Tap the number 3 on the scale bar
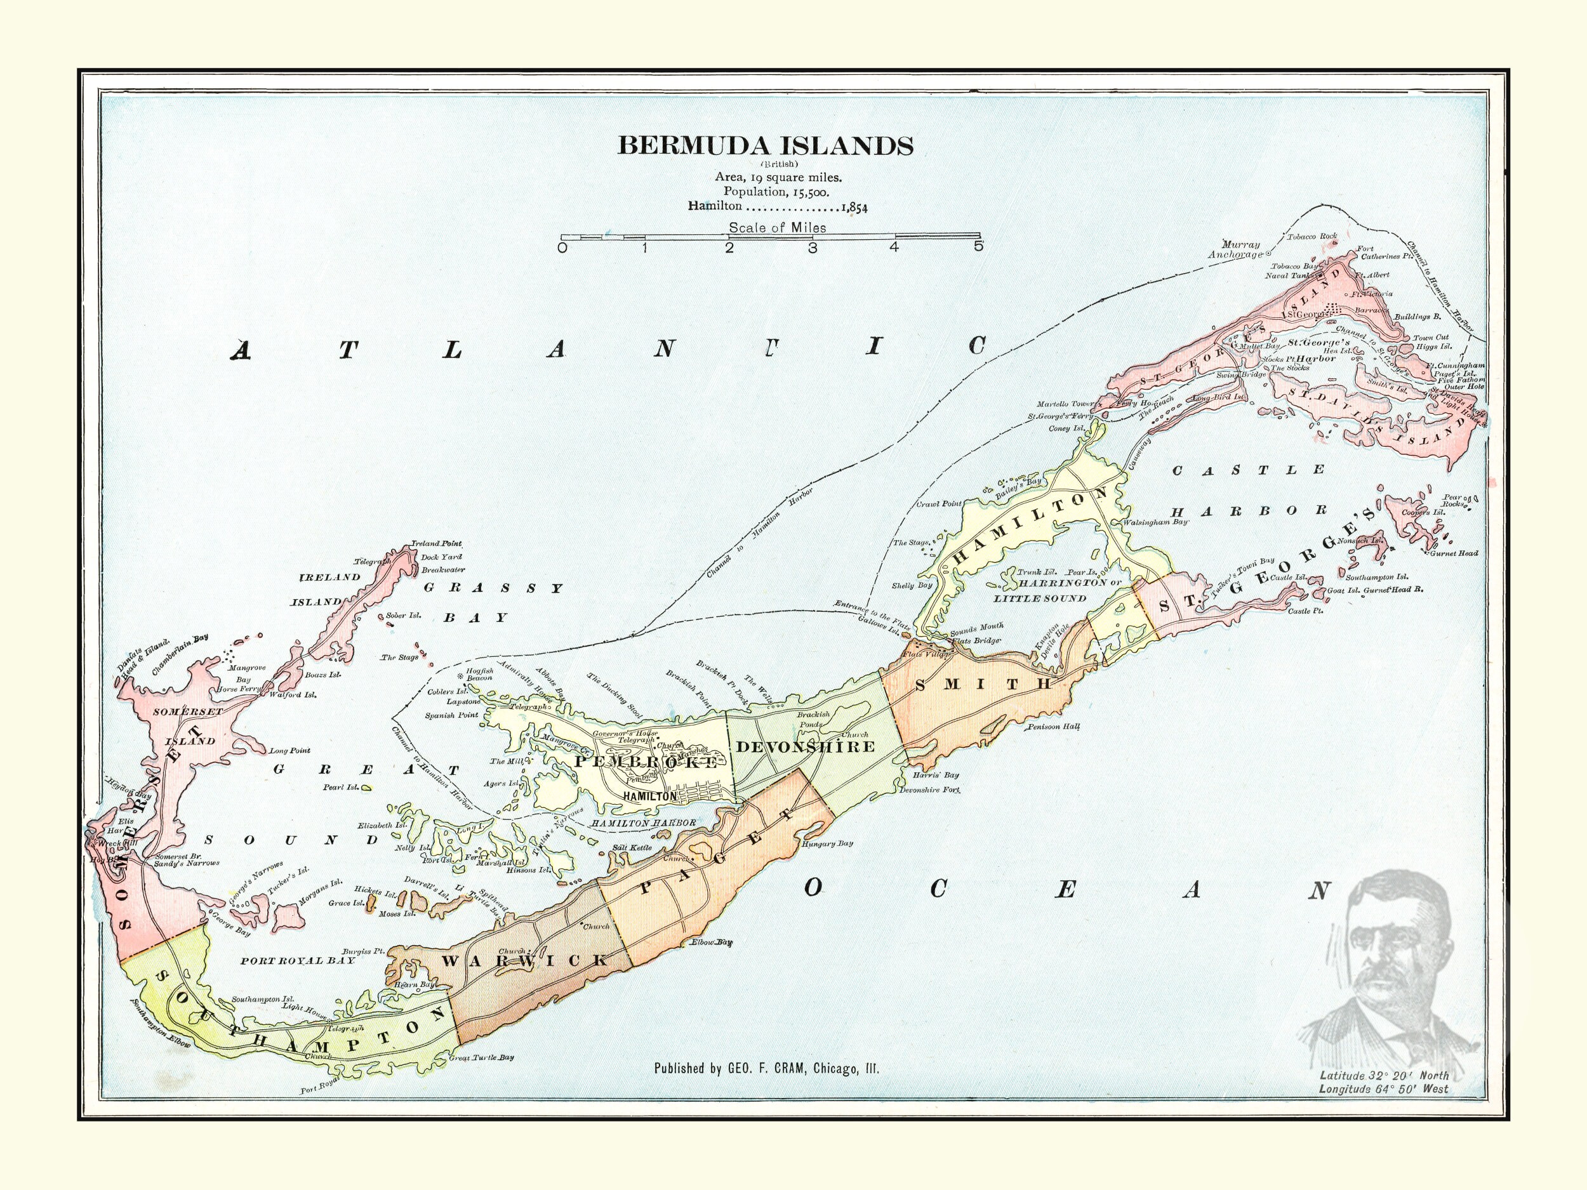click(812, 248)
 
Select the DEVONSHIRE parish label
click(806, 747)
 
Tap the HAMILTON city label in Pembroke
click(650, 797)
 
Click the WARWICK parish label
click(524, 960)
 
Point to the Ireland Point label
click(436, 544)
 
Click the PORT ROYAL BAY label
click(298, 960)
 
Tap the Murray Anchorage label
click(1235, 249)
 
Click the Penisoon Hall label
click(1053, 727)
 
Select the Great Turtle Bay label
click(481, 1058)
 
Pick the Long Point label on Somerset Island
click(290, 750)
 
